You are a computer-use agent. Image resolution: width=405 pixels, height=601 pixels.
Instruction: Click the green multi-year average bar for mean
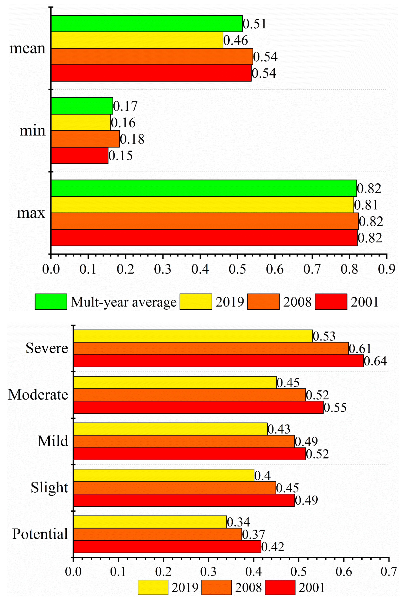click(147, 23)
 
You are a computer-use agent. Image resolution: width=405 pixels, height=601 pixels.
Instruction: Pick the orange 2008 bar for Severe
click(211, 348)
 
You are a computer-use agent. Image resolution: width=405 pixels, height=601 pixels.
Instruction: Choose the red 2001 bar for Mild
click(189, 454)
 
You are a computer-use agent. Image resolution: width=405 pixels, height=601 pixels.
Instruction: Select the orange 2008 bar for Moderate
click(189, 395)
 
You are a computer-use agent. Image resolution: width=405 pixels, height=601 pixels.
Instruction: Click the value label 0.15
click(121, 156)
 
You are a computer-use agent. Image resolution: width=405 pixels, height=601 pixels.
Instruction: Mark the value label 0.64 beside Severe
click(375, 361)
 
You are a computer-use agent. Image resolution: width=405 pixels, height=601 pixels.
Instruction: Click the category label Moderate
click(38, 395)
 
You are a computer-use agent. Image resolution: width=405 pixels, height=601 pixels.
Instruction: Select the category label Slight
click(49, 488)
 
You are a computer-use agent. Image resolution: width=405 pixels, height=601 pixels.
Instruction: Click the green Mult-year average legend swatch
click(51, 302)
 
